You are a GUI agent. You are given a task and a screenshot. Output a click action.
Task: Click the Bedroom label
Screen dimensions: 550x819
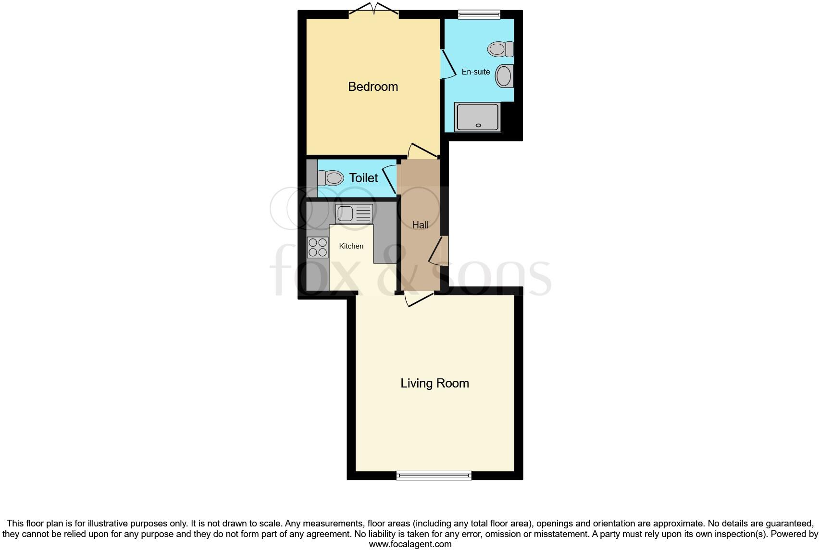click(373, 87)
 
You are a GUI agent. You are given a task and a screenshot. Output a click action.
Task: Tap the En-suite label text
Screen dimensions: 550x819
click(476, 72)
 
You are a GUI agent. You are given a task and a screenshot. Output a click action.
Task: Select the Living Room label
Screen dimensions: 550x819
click(434, 383)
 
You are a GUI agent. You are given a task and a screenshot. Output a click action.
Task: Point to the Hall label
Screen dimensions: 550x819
click(421, 225)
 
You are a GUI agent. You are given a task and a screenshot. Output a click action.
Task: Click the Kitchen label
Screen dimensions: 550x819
click(351, 246)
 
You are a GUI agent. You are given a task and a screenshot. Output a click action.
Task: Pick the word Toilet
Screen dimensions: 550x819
click(364, 178)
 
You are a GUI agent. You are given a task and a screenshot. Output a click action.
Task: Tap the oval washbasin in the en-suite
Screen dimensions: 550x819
click(504, 76)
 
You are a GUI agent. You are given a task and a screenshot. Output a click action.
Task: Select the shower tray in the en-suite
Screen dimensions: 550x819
click(478, 116)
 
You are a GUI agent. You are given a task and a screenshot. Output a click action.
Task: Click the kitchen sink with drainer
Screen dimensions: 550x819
click(354, 213)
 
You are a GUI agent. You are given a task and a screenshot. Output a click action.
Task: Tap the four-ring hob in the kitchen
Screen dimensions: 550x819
click(318, 248)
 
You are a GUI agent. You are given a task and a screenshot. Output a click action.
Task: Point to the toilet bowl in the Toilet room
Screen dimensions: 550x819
click(331, 178)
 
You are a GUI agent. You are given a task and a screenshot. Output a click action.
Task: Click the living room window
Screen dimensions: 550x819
click(434, 475)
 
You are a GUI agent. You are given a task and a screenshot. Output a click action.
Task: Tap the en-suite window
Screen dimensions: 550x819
click(479, 15)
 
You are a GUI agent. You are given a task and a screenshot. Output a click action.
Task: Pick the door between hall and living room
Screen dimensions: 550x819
click(418, 299)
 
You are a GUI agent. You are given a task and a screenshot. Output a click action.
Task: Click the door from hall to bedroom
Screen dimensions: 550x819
click(422, 150)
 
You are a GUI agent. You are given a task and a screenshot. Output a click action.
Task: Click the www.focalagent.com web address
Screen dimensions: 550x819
click(409, 544)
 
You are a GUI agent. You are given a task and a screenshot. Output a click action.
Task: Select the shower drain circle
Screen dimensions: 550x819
click(478, 125)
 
